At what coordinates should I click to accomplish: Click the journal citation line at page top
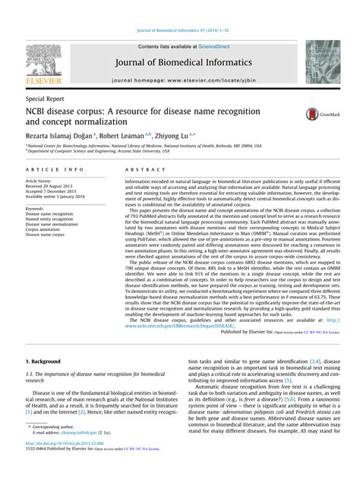click(179, 8)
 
